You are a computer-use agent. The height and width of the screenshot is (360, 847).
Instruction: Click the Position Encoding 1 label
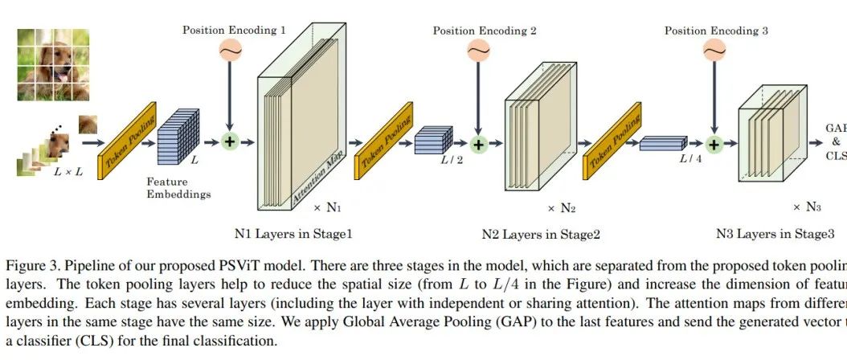[234, 31]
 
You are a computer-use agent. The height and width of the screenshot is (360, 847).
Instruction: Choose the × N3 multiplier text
[806, 207]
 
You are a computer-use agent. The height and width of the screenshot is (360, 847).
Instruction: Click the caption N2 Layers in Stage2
[540, 235]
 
